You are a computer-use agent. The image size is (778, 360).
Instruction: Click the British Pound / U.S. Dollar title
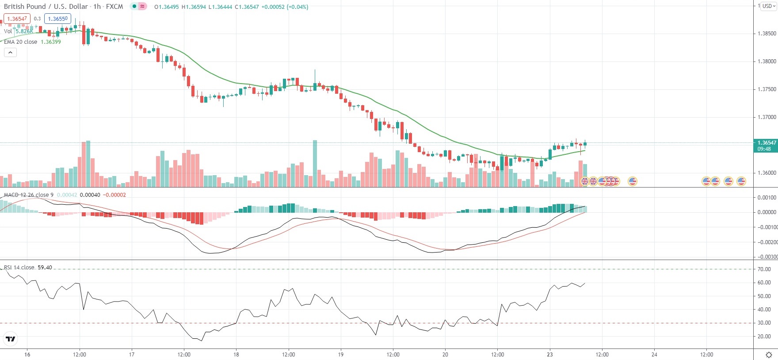click(46, 7)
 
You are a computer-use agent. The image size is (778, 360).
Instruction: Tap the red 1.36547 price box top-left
click(17, 19)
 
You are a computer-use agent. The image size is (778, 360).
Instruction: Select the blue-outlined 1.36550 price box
click(57, 19)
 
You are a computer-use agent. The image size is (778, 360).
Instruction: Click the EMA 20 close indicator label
click(20, 42)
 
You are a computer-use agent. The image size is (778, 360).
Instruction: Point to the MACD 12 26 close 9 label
click(29, 195)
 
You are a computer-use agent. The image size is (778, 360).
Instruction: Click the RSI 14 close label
click(19, 268)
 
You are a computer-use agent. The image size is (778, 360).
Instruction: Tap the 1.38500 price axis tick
click(767, 34)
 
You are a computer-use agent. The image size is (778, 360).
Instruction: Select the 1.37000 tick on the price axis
click(767, 117)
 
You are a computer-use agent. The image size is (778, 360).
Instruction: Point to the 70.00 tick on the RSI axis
click(764, 269)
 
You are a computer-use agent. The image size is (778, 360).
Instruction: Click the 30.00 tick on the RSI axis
click(764, 323)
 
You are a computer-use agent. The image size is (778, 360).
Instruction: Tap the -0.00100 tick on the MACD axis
click(767, 227)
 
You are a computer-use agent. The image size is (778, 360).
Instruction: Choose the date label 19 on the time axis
click(341, 354)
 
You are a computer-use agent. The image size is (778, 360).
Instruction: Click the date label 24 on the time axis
click(654, 354)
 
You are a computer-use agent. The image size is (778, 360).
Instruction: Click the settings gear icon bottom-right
click(769, 355)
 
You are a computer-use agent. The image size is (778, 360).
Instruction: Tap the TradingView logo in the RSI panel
click(10, 339)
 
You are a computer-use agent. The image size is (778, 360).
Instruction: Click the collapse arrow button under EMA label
click(10, 53)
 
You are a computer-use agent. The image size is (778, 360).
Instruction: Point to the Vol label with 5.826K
click(18, 31)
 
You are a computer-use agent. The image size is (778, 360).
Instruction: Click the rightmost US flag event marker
click(741, 181)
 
